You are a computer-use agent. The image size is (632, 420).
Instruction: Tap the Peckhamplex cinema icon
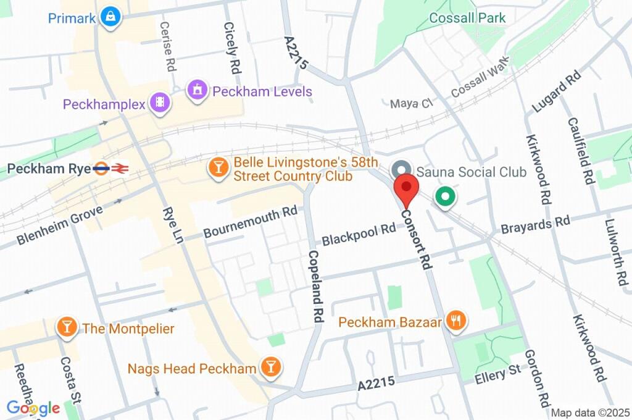[160, 103]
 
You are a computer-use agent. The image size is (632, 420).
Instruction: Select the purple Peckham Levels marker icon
[197, 91]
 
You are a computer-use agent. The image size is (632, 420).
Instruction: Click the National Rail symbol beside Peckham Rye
[120, 168]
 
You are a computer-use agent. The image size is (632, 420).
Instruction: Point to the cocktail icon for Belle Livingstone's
[218, 168]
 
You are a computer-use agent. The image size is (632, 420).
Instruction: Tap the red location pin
[407, 189]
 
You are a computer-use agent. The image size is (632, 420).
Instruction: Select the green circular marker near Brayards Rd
[444, 198]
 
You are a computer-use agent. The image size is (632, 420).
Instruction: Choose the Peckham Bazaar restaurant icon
[457, 321]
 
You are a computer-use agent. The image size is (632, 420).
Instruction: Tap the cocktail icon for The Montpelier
[67, 327]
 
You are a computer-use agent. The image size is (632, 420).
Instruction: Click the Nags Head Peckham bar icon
[270, 368]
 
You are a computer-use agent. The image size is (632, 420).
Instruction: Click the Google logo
[33, 408]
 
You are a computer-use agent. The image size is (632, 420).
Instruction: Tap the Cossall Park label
[467, 18]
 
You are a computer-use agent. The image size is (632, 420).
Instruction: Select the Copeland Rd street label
[315, 286]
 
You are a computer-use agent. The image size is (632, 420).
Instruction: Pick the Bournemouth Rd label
[250, 223]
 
